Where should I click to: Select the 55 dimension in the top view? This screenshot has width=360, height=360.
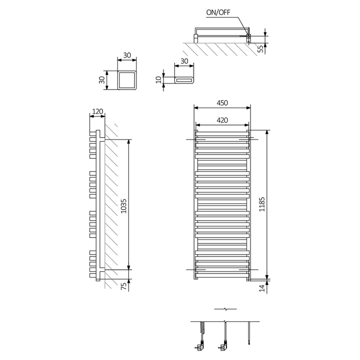[260, 48]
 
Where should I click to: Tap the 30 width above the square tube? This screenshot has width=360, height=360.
[126, 55]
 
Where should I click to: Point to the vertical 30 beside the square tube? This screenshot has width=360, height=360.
[102, 79]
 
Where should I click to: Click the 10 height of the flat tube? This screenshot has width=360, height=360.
[159, 79]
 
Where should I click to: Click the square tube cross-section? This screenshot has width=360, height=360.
[126, 80]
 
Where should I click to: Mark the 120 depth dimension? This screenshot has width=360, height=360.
[97, 111]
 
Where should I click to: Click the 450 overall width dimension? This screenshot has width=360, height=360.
[222, 103]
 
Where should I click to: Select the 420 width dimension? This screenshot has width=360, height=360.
[222, 120]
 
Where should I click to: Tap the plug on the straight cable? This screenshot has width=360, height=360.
[222, 344]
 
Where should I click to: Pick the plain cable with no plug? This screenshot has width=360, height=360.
[248, 332]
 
